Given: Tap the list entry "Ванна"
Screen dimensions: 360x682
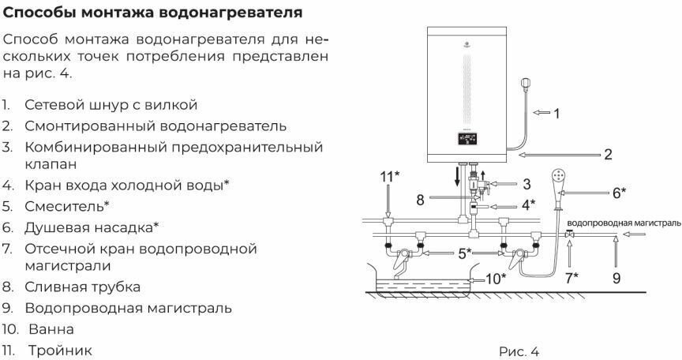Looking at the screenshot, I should pyautogui.click(x=52, y=328).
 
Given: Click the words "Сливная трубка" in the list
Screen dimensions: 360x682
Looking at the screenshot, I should pyautogui.click(x=82, y=287).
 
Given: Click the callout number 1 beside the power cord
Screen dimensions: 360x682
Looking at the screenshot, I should pyautogui.click(x=556, y=114).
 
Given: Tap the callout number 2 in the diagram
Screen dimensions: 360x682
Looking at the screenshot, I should pyautogui.click(x=608, y=155).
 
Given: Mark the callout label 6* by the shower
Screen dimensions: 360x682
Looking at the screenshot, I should pyautogui.click(x=619, y=191).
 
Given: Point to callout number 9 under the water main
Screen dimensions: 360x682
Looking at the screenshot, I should pyautogui.click(x=616, y=277).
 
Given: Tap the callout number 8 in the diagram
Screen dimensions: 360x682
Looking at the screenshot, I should pyautogui.click(x=421, y=201).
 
